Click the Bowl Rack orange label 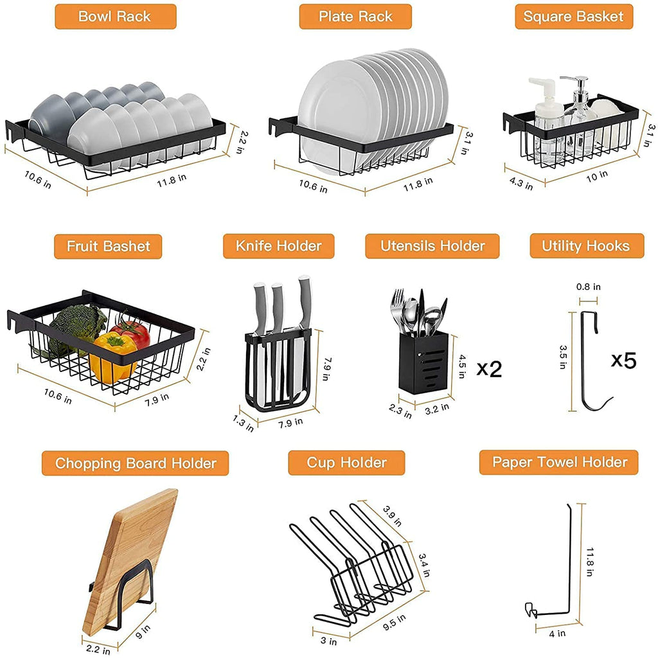115,16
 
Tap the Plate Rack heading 355,16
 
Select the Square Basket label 574,16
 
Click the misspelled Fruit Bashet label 108,246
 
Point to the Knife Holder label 280,246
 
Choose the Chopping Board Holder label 136,463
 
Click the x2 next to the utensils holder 489,369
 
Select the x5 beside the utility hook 623,360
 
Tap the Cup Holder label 346,463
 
